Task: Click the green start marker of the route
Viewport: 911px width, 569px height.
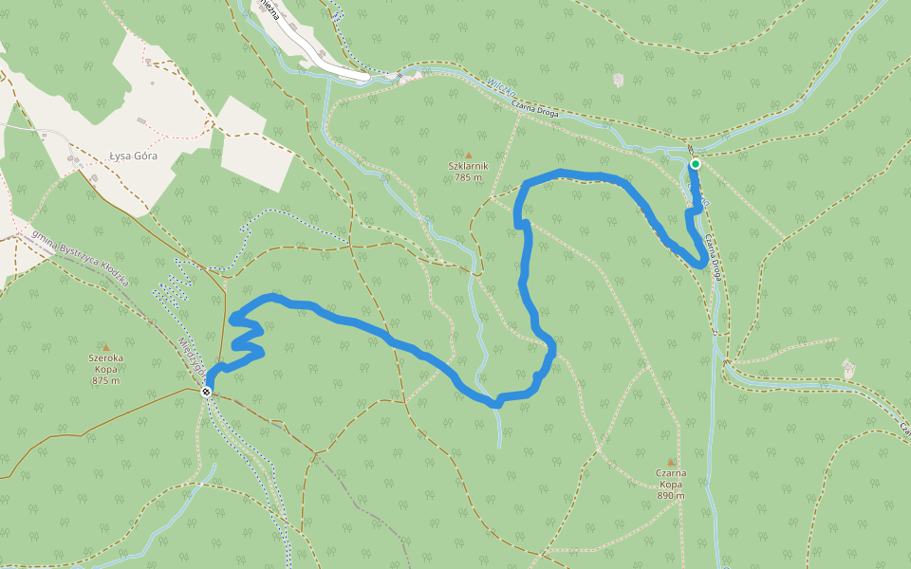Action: point(696,164)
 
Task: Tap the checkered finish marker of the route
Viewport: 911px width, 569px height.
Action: point(207,392)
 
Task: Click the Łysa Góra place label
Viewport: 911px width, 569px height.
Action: point(133,156)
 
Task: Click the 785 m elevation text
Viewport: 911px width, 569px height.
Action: point(468,177)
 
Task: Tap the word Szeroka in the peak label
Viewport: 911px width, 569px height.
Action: point(105,358)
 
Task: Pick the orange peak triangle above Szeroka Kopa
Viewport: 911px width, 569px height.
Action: point(105,347)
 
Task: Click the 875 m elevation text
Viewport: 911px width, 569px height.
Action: point(105,380)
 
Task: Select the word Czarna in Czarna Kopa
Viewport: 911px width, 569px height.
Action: point(671,472)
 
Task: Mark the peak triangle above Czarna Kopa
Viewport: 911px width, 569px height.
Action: point(671,462)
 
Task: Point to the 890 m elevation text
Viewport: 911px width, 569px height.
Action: point(671,495)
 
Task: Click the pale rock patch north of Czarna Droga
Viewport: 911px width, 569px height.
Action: point(619,81)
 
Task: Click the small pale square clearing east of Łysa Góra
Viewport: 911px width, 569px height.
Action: point(254,142)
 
